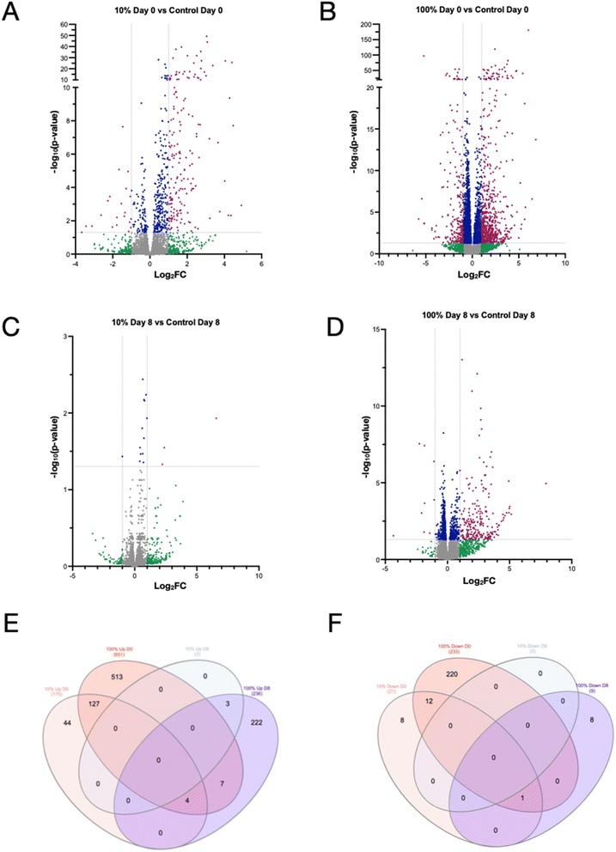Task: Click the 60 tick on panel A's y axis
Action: coord(65,25)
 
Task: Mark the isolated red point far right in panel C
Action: coord(217,418)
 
